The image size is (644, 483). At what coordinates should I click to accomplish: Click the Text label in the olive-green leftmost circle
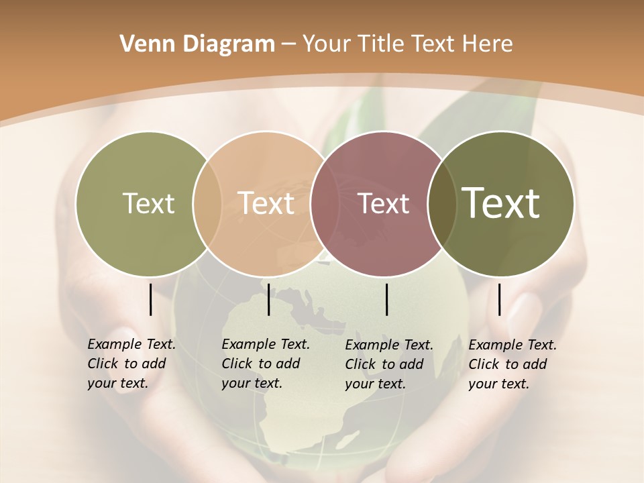[x=148, y=203]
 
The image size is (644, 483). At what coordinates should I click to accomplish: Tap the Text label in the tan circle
[x=266, y=203]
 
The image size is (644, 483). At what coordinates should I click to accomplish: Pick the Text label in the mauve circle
[x=384, y=203]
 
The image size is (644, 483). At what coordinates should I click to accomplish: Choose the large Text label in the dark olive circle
[x=501, y=203]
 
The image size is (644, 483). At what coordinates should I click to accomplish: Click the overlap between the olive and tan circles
[x=207, y=203]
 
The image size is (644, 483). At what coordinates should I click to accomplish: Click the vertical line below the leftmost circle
[x=150, y=299]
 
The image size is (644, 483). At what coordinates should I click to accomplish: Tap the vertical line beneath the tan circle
[x=268, y=299]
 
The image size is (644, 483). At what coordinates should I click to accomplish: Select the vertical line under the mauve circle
[x=387, y=299]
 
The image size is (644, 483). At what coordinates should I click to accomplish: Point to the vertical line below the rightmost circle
[x=499, y=299]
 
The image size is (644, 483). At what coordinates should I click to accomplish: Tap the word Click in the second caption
[x=236, y=364]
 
